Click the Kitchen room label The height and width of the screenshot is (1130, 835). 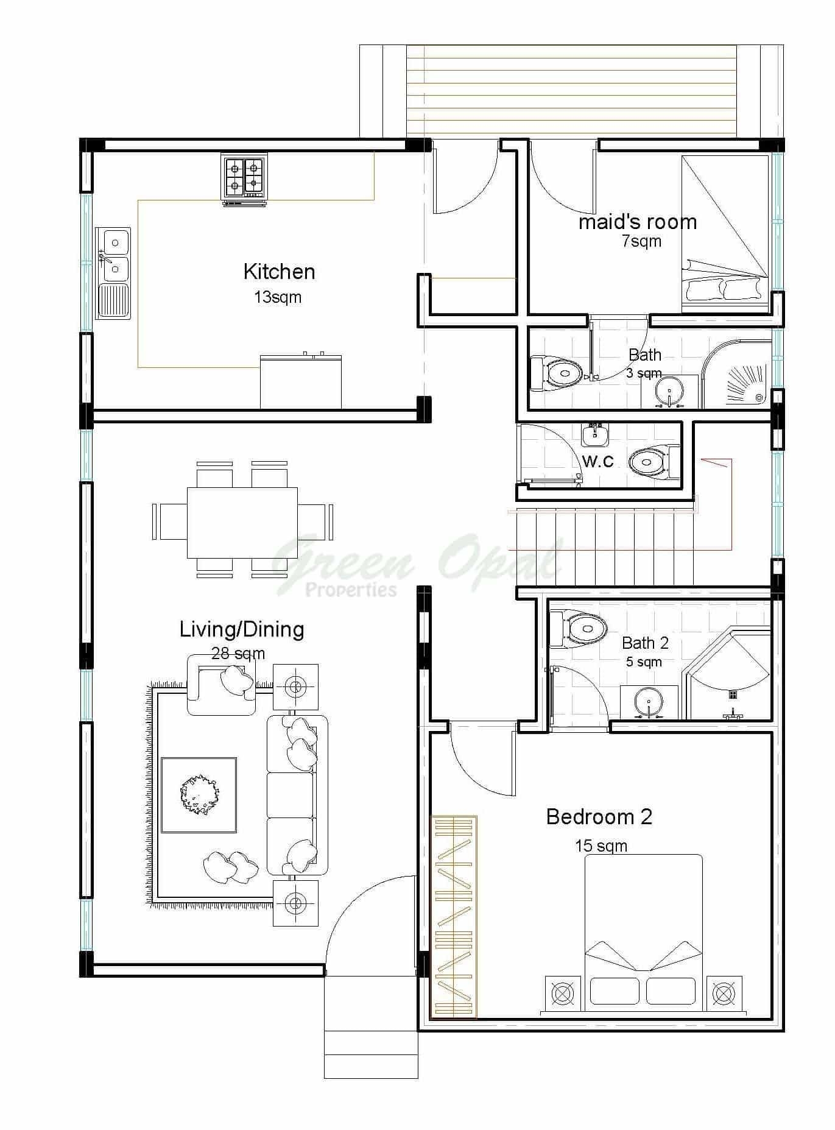tap(279, 272)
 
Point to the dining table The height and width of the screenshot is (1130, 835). tap(242, 522)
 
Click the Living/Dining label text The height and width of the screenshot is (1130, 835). tap(242, 629)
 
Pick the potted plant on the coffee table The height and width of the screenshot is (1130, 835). tap(199, 794)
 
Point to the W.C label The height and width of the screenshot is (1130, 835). tap(598, 461)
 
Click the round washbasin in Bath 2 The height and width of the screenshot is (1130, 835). tap(649, 702)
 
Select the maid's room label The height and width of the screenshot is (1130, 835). tap(637, 222)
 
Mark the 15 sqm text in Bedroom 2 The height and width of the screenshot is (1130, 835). tap(601, 846)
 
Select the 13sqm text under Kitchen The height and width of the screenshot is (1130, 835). tap(278, 297)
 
